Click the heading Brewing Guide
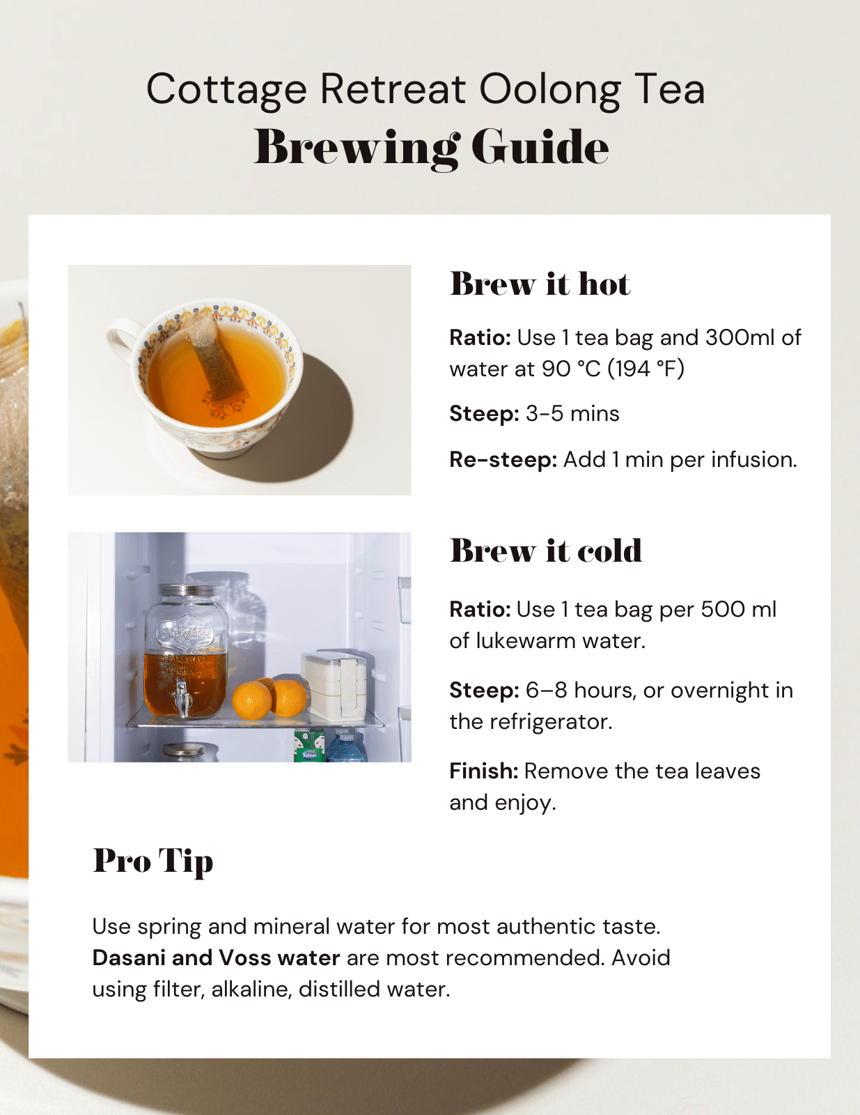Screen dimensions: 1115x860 point(431,147)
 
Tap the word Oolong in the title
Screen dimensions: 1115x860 point(549,90)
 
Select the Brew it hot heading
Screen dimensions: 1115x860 point(540,284)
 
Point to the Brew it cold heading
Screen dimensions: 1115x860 point(545,551)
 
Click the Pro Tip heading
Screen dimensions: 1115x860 point(153,861)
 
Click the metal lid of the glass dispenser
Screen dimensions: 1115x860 point(185,591)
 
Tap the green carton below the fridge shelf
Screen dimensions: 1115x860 point(308,746)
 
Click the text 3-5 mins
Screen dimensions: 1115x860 point(572,414)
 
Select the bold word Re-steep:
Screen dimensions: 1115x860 point(503,460)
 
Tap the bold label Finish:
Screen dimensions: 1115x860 point(483,771)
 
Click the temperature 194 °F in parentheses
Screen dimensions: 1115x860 point(646,369)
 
